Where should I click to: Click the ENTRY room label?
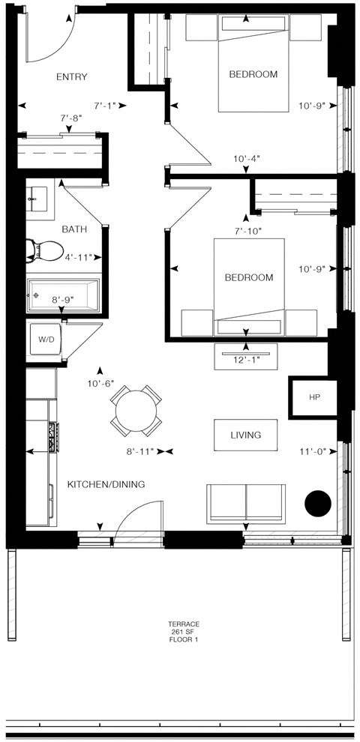coord(72,76)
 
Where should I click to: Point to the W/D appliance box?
coord(46,340)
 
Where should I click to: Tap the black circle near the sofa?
coord(318,503)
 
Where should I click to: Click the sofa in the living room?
coord(246,502)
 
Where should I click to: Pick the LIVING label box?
coord(246,435)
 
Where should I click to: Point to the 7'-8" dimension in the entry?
coord(70,118)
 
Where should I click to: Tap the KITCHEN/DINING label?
coord(106,485)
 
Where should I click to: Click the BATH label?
coord(73,229)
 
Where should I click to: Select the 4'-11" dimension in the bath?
coord(78,258)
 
